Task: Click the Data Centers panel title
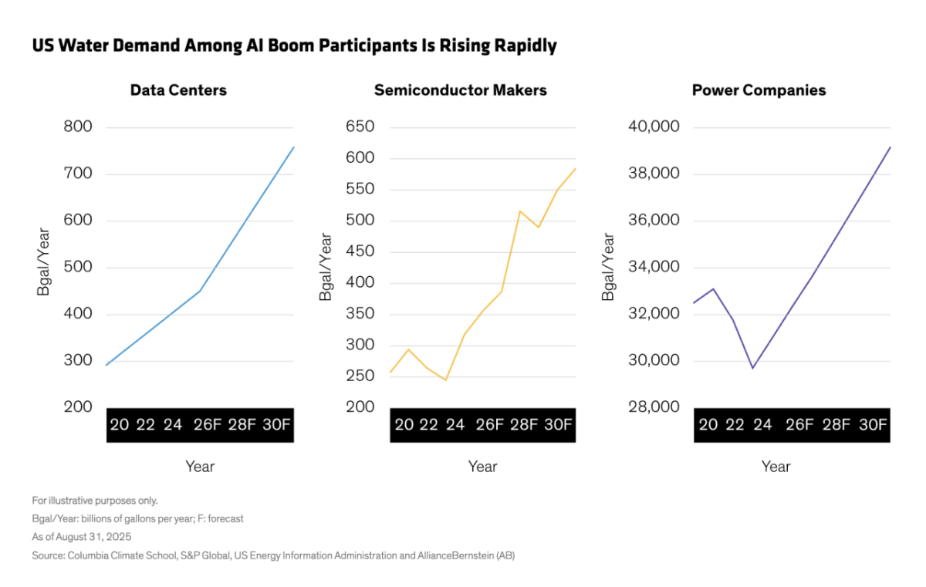point(178,90)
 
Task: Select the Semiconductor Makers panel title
point(460,90)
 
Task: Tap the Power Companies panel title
point(759,90)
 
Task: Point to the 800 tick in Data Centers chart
point(77,127)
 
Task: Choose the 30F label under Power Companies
point(873,425)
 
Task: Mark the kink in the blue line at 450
point(201,291)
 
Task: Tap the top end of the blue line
point(294,147)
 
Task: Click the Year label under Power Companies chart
point(776,467)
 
